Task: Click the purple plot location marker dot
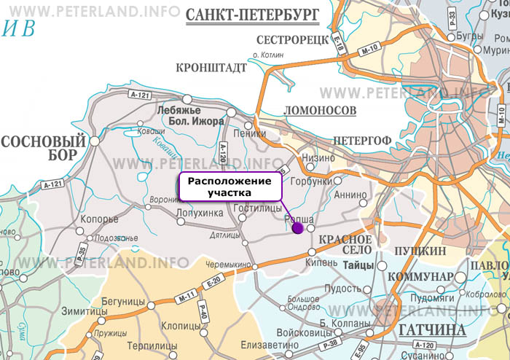(x=297, y=228)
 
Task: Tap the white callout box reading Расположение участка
(x=229, y=187)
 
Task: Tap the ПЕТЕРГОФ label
(x=361, y=139)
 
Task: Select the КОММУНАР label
(x=420, y=277)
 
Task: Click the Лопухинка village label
(x=200, y=213)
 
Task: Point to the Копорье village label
(x=101, y=218)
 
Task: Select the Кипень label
(x=321, y=260)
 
